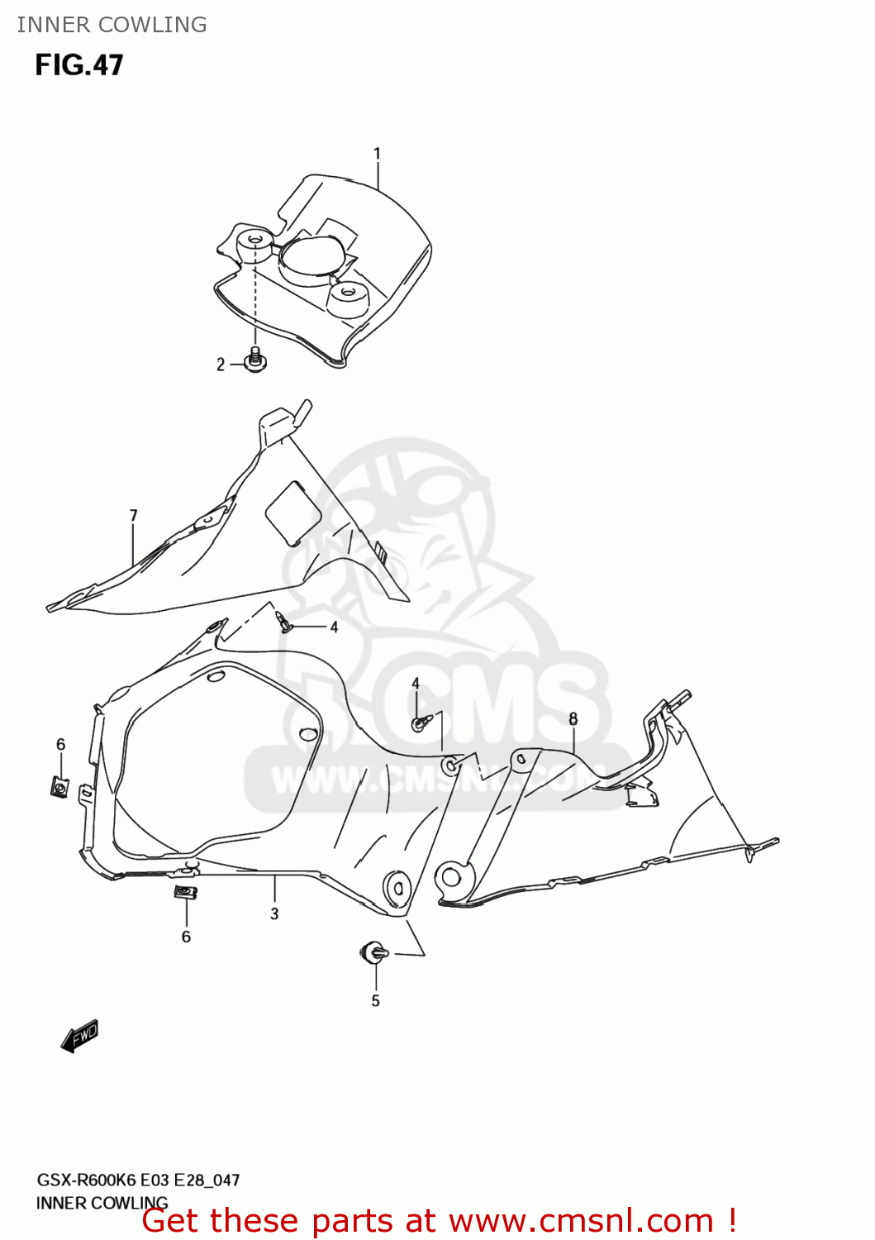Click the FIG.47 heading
click(x=79, y=65)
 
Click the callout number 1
click(x=377, y=154)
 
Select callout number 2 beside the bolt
click(x=221, y=365)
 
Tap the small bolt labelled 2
click(x=255, y=360)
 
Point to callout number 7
click(x=134, y=516)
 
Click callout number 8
click(x=573, y=718)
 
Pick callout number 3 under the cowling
click(x=274, y=913)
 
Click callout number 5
click(x=375, y=1001)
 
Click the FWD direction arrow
click(x=80, y=1035)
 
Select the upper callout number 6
click(x=60, y=745)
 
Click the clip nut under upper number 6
click(x=59, y=786)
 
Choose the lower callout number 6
click(x=186, y=937)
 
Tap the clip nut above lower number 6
click(x=185, y=893)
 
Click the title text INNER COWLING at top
click(x=112, y=25)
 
